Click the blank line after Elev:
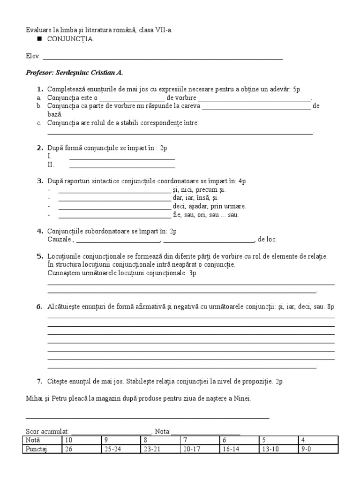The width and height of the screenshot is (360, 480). (x=162, y=59)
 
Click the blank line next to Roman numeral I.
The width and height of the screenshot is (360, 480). (x=122, y=157)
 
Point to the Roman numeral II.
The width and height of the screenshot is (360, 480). (x=51, y=165)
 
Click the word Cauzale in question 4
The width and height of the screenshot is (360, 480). (x=59, y=240)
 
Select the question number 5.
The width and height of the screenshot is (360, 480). (x=40, y=256)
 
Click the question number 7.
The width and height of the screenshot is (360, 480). (x=40, y=382)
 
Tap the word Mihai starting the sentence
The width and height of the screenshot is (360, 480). (x=34, y=398)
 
